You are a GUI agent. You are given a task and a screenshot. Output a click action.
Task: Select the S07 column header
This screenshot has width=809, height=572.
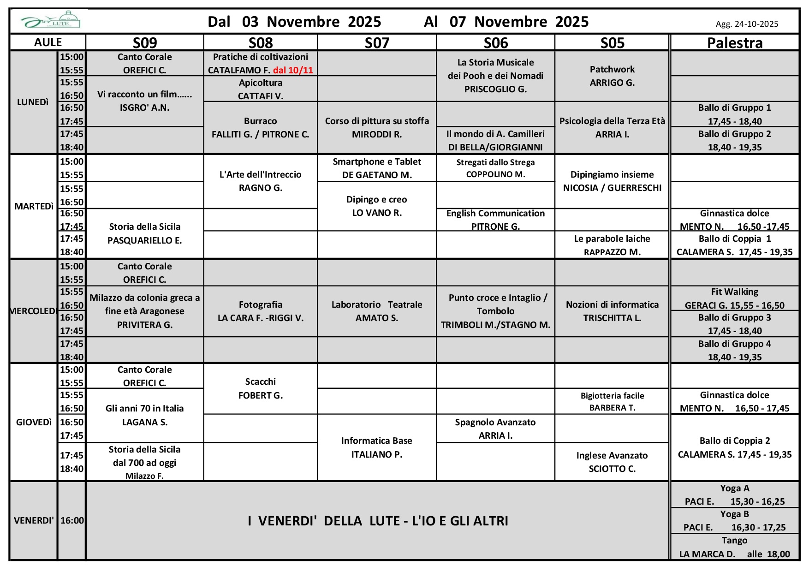(377, 42)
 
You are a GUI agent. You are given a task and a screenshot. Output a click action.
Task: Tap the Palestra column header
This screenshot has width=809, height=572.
(734, 42)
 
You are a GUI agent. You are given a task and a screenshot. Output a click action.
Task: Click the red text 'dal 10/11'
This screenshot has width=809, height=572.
(293, 70)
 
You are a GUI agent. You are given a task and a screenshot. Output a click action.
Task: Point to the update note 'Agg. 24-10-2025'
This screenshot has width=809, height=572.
(747, 24)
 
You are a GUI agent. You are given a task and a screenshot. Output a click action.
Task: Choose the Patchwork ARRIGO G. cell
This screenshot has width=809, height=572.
(612, 76)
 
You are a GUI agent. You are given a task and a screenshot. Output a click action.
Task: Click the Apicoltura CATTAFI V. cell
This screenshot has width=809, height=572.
(261, 89)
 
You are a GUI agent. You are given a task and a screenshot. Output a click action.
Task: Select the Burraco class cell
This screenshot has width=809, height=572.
(261, 128)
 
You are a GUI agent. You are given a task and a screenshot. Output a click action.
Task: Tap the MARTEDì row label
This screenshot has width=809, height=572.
(34, 206)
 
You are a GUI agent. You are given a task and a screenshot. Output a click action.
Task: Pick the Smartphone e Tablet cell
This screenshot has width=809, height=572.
(377, 168)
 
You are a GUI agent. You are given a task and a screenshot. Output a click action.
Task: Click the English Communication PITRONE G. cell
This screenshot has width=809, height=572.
(495, 220)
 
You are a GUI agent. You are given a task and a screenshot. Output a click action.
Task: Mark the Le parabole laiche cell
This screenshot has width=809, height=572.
(612, 245)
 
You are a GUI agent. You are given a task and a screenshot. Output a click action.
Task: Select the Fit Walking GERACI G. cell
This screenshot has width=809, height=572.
(734, 298)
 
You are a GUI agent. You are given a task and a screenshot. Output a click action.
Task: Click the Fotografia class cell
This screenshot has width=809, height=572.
(261, 311)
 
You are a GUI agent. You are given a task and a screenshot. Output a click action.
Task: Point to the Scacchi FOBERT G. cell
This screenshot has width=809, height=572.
(261, 388)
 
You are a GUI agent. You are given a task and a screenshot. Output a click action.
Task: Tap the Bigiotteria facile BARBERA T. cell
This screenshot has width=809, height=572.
(612, 401)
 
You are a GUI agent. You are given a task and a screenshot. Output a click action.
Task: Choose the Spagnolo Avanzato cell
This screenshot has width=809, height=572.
(495, 429)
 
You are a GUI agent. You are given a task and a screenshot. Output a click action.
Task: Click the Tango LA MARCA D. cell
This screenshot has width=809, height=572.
(734, 547)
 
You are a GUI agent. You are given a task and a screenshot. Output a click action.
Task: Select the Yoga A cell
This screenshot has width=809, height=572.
(734, 495)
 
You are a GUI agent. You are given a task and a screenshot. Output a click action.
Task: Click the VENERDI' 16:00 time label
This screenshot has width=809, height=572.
(72, 520)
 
